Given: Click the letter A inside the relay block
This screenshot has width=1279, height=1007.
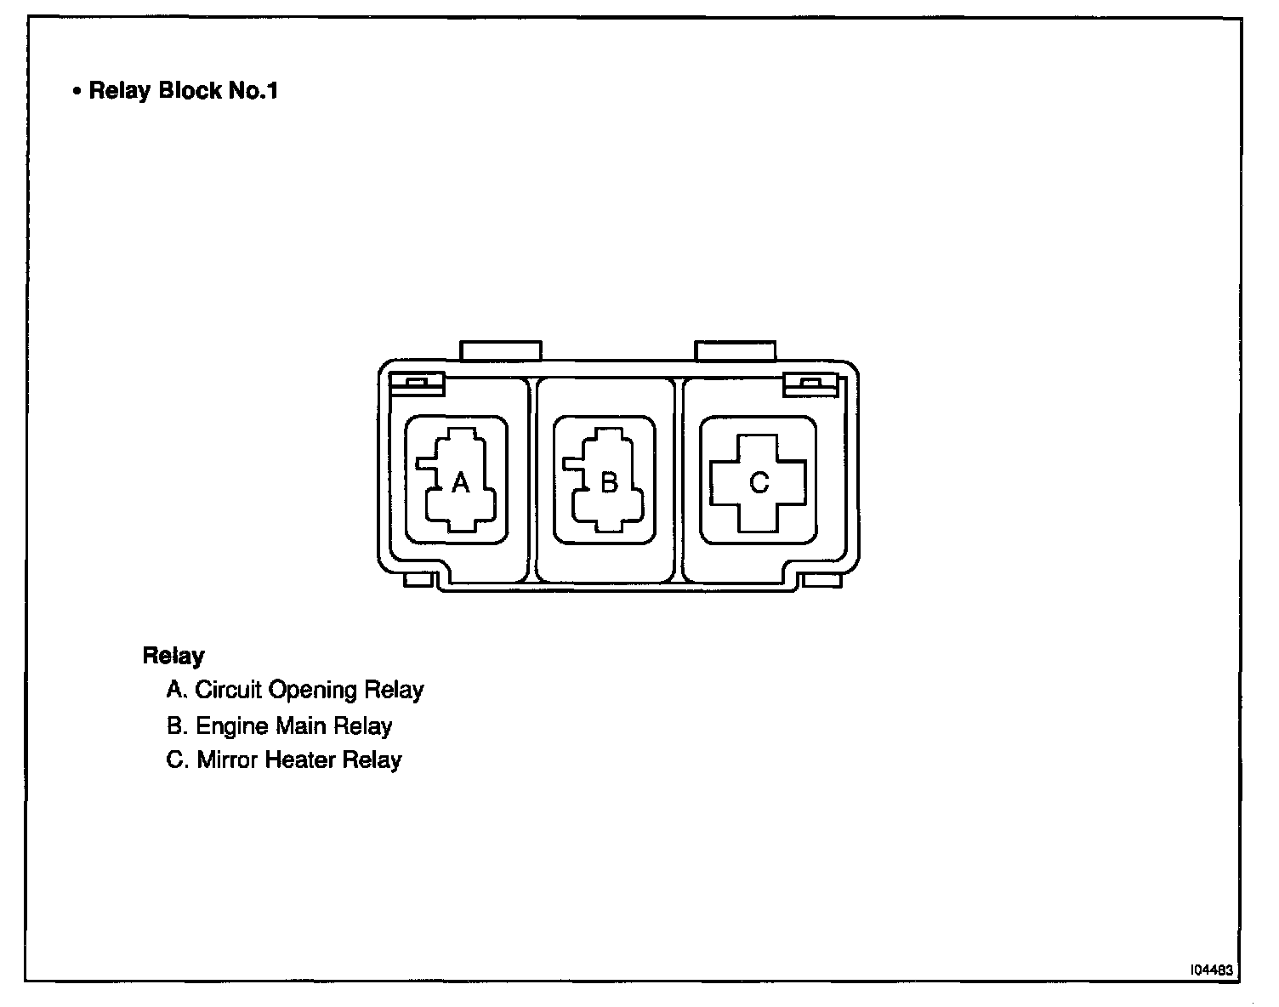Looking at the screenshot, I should (x=460, y=483).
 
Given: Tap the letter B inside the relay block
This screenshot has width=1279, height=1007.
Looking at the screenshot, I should (x=609, y=483).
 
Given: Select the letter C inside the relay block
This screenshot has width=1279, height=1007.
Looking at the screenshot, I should (x=759, y=483).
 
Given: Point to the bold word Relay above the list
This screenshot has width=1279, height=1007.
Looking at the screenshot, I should (x=173, y=656).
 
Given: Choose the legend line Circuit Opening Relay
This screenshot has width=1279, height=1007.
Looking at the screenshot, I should (x=295, y=690).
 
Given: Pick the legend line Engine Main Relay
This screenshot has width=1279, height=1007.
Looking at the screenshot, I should (x=280, y=726).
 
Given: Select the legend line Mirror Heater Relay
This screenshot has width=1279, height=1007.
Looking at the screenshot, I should (x=284, y=760).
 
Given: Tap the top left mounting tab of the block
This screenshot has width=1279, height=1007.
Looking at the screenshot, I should (x=500, y=350).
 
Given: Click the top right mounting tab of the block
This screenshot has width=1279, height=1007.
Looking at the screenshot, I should (x=735, y=350).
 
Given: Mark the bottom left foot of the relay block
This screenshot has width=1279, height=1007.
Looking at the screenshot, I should (x=419, y=580).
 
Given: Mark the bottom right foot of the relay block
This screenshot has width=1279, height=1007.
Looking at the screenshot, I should (x=821, y=580).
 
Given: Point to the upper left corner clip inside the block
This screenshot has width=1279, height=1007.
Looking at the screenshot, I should (x=417, y=384).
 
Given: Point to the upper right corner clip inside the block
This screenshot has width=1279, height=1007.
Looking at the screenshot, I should (x=810, y=384).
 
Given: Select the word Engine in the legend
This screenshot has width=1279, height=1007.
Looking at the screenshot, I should (x=229, y=726).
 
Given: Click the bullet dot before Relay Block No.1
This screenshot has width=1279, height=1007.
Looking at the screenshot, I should (x=77, y=92).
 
